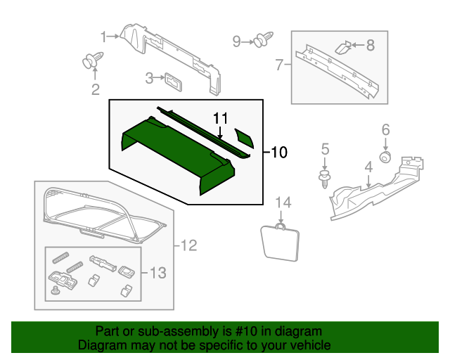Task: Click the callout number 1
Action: [x=103, y=36]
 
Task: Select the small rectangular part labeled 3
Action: [x=172, y=79]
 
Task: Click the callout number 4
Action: [x=368, y=167]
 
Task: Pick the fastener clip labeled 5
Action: [x=324, y=177]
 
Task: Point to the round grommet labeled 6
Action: [x=385, y=156]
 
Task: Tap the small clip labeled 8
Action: [x=342, y=47]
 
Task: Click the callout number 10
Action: [x=280, y=151]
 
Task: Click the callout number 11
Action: [x=221, y=117]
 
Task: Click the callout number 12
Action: [x=188, y=245]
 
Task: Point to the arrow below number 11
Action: [x=221, y=132]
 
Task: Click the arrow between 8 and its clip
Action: [x=357, y=46]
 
